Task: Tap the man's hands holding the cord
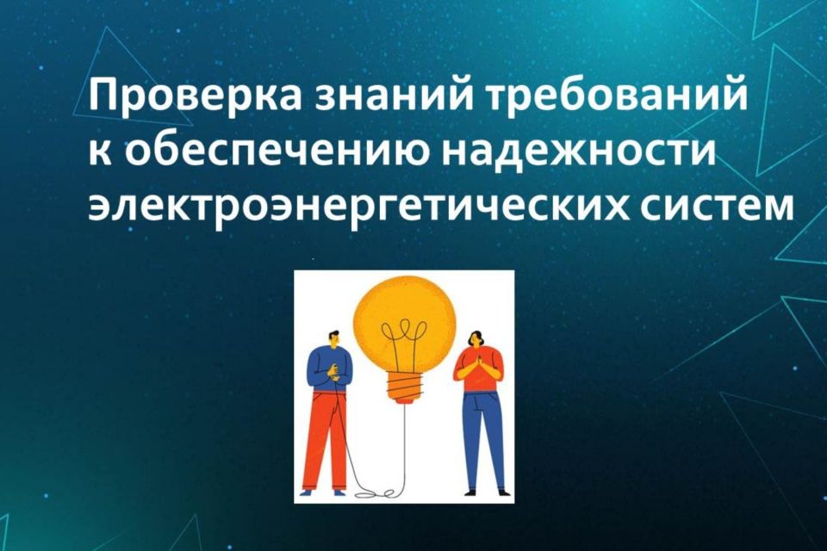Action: (x=334, y=375)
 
